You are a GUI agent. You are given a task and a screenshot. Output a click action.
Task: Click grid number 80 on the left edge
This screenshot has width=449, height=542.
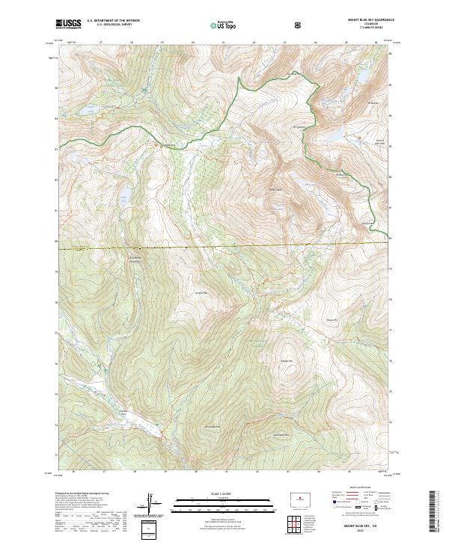point(55,241)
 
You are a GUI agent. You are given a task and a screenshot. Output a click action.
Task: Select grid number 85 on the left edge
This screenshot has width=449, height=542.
point(55,87)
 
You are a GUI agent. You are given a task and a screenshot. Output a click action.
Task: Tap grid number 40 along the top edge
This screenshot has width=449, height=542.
point(194,43)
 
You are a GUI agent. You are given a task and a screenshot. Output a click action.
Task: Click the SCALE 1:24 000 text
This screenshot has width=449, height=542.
point(224,491)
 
